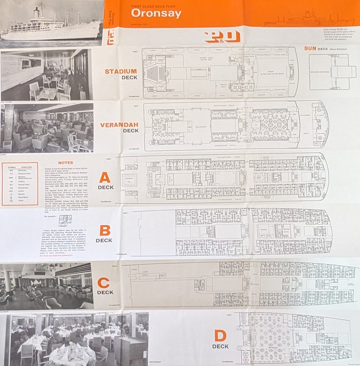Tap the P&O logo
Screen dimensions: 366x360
coord(222,37)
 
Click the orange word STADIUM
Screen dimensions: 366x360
coord(121,71)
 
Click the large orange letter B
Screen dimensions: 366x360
coord(104,231)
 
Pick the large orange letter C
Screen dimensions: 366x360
coord(103,283)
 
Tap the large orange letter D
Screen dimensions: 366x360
coord(220,336)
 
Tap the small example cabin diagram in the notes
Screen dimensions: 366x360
coord(65,220)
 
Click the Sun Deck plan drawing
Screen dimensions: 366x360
coord(332,72)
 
